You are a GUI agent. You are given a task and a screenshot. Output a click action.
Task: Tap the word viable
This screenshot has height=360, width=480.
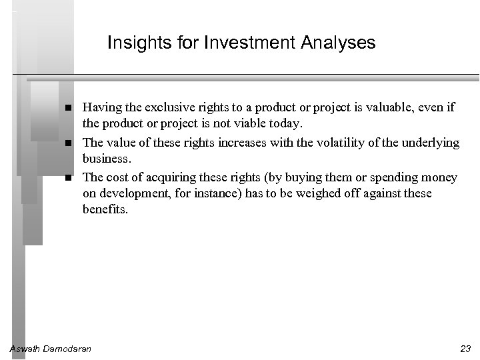click(x=260, y=124)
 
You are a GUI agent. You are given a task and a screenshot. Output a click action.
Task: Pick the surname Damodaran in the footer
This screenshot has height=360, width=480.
click(x=68, y=349)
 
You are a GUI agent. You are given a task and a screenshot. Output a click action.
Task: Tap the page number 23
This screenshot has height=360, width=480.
click(x=465, y=349)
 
